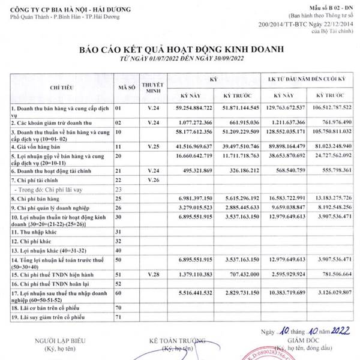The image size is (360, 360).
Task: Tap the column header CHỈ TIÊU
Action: (61, 88)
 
